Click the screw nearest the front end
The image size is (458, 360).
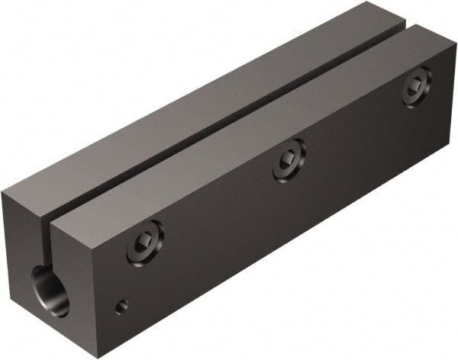[x=144, y=246]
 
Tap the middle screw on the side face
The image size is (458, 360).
[x=289, y=159]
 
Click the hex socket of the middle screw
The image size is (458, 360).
[x=289, y=159]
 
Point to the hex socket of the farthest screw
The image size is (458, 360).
[x=417, y=87]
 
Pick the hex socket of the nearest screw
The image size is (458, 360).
[x=144, y=246]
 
